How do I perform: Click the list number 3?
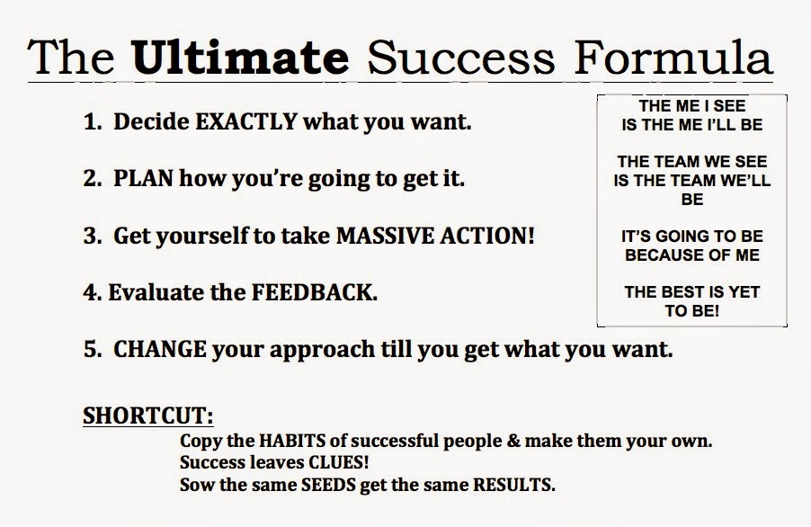tap(90, 237)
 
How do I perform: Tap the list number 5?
tap(90, 349)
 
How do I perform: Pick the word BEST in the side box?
tap(681, 292)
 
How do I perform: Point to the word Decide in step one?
tap(146, 122)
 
